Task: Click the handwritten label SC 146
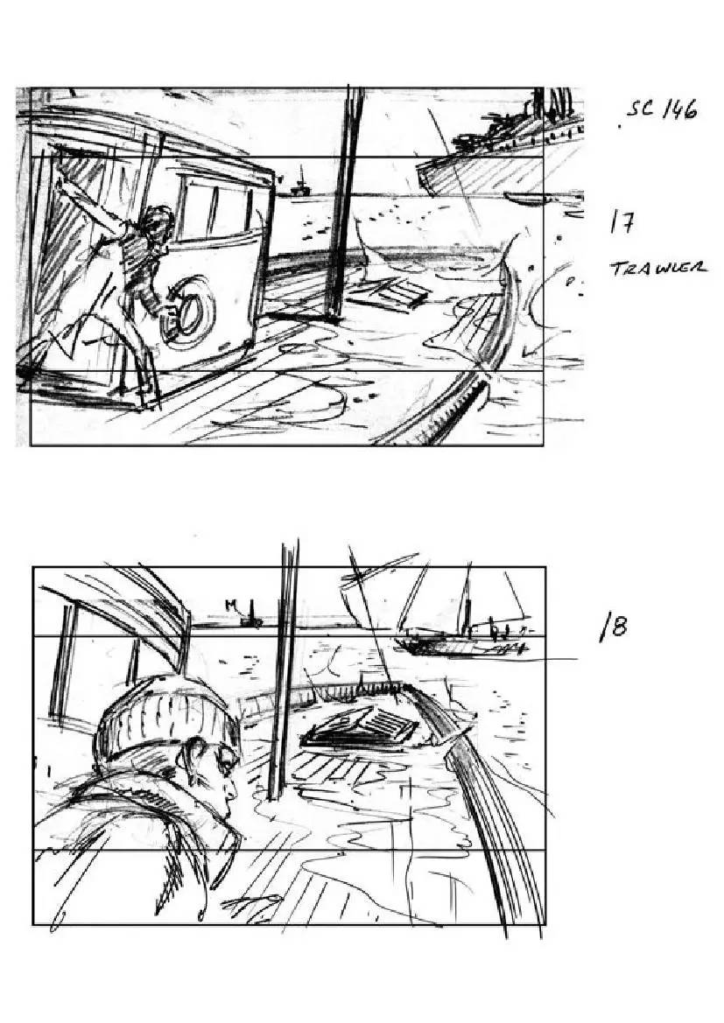click(x=661, y=109)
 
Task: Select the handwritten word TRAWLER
click(x=658, y=268)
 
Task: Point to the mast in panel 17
click(x=344, y=202)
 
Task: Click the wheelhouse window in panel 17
click(x=215, y=207)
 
